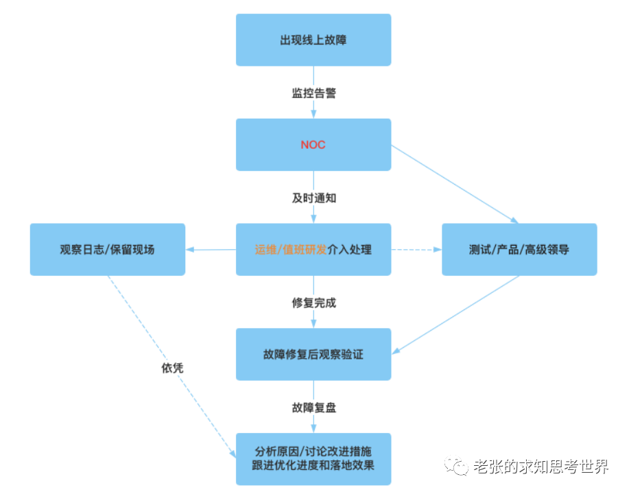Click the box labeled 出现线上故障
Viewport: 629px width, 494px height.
(x=313, y=40)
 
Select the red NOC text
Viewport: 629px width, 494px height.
(x=313, y=145)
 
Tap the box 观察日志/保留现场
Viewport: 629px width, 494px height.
(x=108, y=249)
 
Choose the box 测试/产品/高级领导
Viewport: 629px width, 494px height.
(x=519, y=249)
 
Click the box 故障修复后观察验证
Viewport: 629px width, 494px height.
(x=313, y=354)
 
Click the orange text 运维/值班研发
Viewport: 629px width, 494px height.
(x=291, y=250)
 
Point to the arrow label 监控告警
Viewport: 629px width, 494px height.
(x=313, y=93)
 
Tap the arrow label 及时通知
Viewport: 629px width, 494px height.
(x=313, y=198)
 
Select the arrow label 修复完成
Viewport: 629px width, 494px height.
(x=313, y=303)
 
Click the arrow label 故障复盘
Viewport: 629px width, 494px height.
(x=313, y=408)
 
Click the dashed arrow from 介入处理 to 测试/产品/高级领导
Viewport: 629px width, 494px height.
(x=416, y=250)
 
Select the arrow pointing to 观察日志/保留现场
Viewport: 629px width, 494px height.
(x=211, y=250)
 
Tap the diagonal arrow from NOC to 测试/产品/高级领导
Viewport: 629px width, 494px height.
(x=455, y=184)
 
